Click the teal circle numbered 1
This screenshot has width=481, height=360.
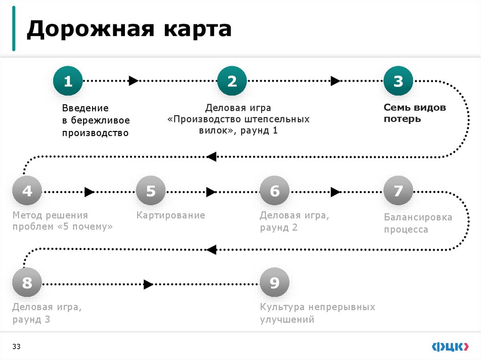click(68, 81)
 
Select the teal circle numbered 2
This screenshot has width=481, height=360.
click(232, 81)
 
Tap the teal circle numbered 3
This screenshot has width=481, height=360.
click(398, 81)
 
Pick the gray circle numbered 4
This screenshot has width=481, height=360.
click(27, 191)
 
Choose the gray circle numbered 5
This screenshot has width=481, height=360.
click(151, 191)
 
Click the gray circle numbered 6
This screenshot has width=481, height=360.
click(274, 191)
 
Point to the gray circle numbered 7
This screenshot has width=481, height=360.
click(398, 191)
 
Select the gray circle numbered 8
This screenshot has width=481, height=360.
click(27, 283)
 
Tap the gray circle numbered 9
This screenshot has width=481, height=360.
click(274, 283)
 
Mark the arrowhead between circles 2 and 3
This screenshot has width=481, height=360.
click(335, 81)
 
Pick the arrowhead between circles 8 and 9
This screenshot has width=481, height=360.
click(148, 284)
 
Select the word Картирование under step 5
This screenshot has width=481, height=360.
click(171, 215)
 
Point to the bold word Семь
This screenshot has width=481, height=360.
click(396, 107)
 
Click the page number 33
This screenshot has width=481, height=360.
click(16, 347)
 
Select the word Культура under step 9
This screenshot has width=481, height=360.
click(283, 307)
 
